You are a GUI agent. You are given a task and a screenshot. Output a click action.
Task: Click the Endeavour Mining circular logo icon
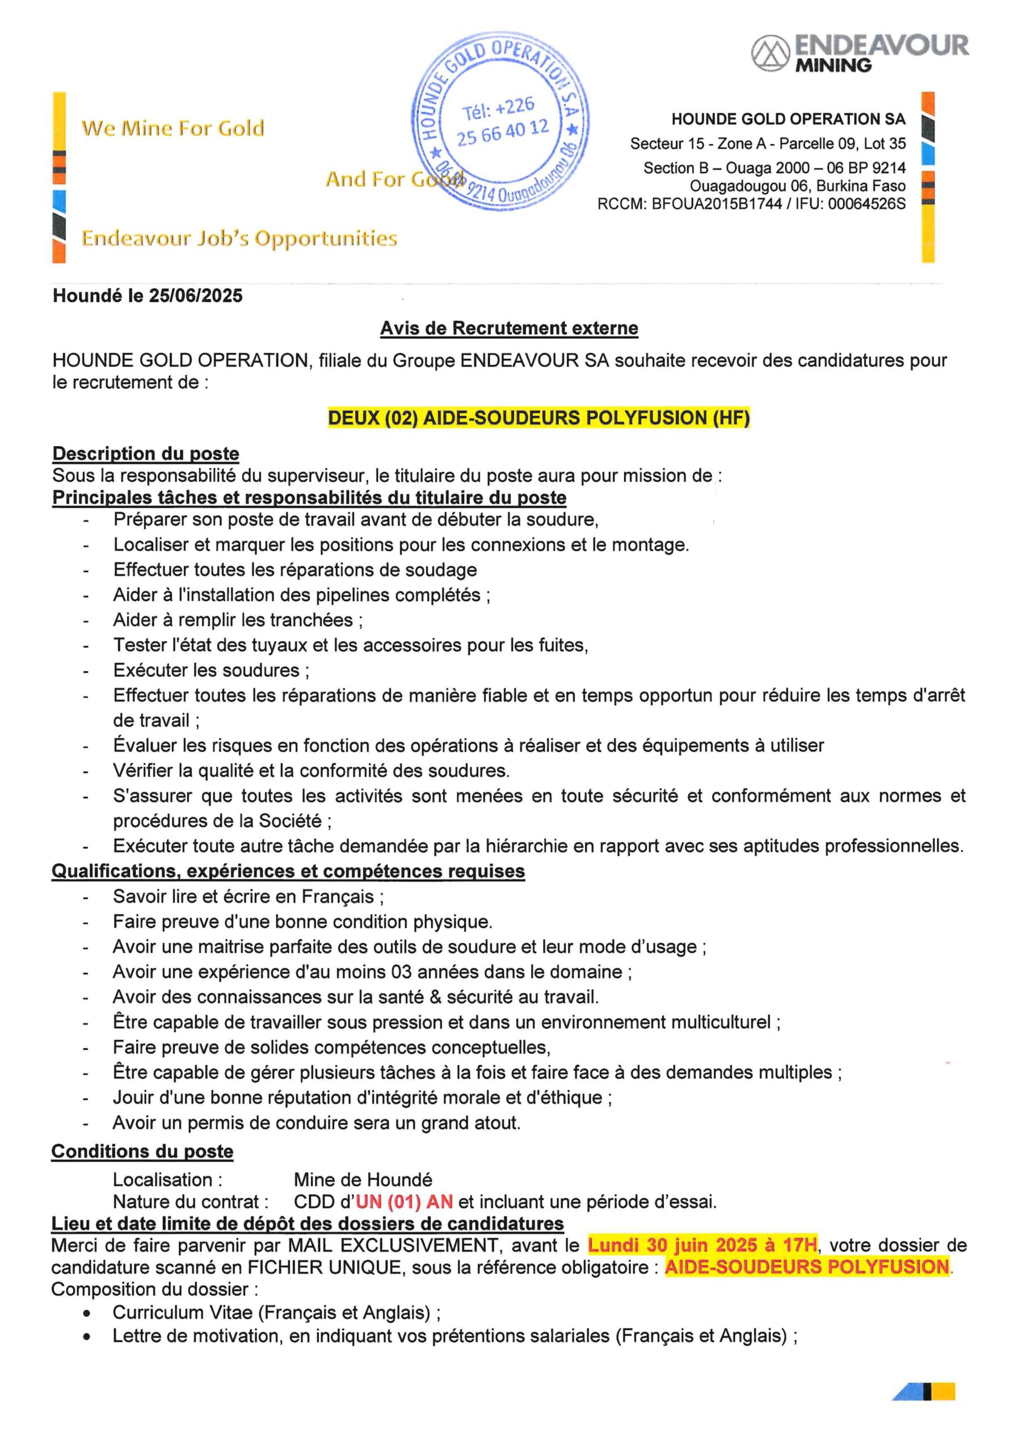tap(770, 53)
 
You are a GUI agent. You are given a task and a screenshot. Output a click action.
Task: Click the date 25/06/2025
tap(196, 296)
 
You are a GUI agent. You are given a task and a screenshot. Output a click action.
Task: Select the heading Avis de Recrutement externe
tap(509, 328)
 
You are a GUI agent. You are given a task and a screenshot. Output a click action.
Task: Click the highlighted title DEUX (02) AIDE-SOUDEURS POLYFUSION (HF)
tap(538, 418)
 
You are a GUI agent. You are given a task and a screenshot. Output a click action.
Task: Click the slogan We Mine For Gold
tap(172, 128)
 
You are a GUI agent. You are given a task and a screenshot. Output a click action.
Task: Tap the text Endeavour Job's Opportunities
tap(239, 238)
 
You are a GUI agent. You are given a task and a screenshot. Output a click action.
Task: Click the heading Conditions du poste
tap(142, 1151)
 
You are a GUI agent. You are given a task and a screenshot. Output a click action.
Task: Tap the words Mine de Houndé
tap(363, 1179)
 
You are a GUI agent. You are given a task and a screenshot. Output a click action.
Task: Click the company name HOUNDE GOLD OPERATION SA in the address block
tap(788, 119)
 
